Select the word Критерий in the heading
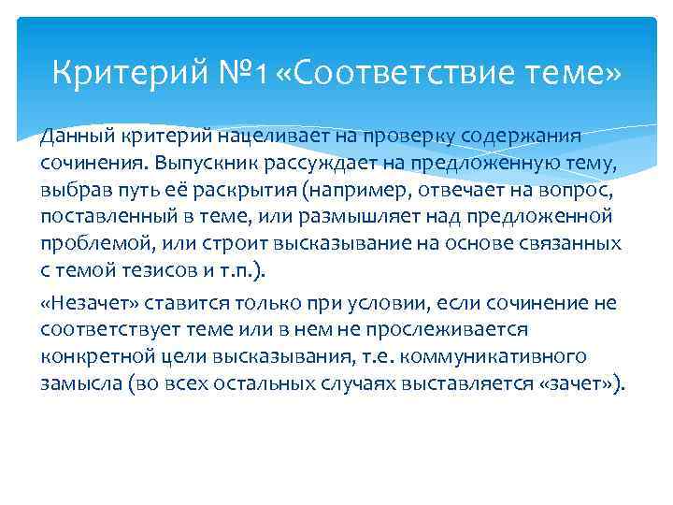135,72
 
